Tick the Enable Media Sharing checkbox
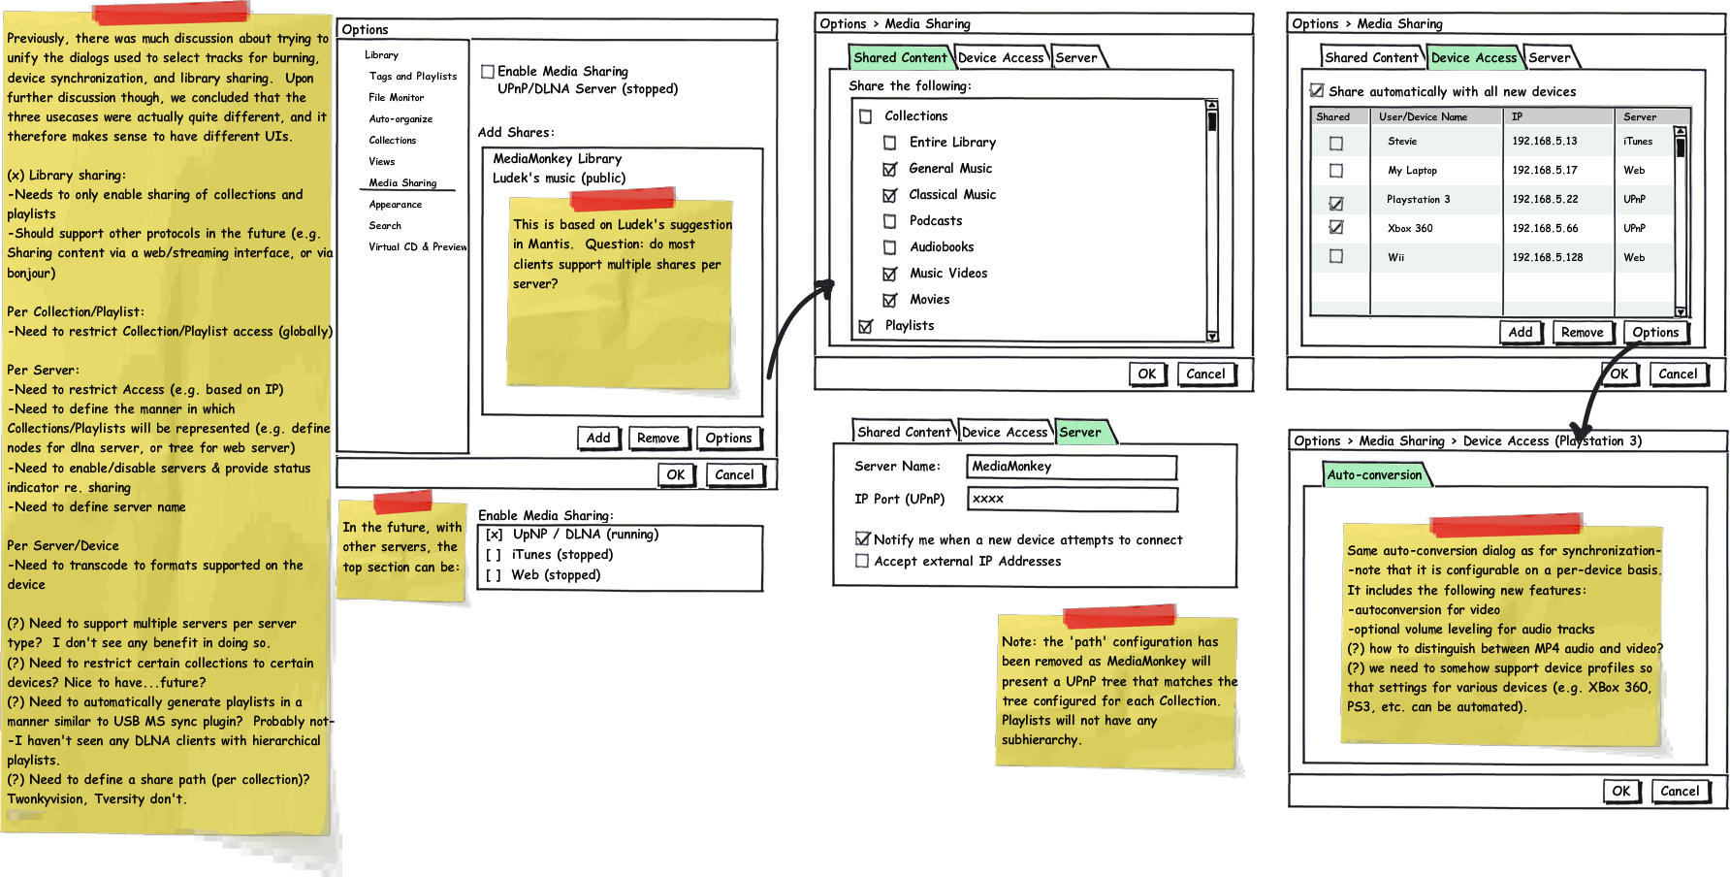(x=488, y=72)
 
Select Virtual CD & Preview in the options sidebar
(x=417, y=246)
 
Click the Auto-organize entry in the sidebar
(x=400, y=118)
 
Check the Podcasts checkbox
(x=889, y=221)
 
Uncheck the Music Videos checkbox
(x=889, y=274)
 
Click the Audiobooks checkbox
(x=889, y=247)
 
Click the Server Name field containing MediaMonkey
(x=1072, y=467)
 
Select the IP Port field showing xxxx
(x=1073, y=499)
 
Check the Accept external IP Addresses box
(x=862, y=561)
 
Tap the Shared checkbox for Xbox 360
(x=1336, y=228)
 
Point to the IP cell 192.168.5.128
(x=1548, y=257)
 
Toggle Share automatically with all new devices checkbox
(x=1317, y=91)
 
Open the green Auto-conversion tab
(x=1375, y=474)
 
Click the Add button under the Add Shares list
(x=598, y=438)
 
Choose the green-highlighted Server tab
(x=1081, y=433)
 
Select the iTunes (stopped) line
(x=549, y=555)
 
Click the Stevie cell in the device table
(x=1402, y=141)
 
